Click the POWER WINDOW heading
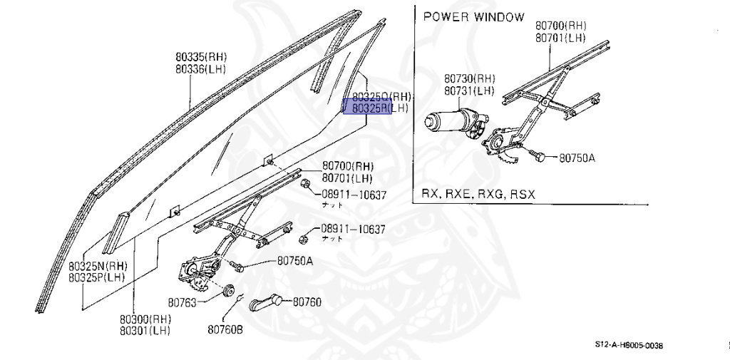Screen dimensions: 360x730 [x=473, y=17]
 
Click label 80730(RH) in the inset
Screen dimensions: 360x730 [x=469, y=78]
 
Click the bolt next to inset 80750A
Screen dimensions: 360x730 [x=538, y=155]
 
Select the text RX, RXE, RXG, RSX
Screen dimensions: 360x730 [x=478, y=194]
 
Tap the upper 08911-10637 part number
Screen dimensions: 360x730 [x=353, y=195]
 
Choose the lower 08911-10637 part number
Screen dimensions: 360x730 [x=352, y=230]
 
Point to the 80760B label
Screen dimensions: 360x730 [x=225, y=329]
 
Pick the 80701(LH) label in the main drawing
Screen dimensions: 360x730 [x=347, y=178]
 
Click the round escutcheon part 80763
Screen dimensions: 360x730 [x=229, y=290]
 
